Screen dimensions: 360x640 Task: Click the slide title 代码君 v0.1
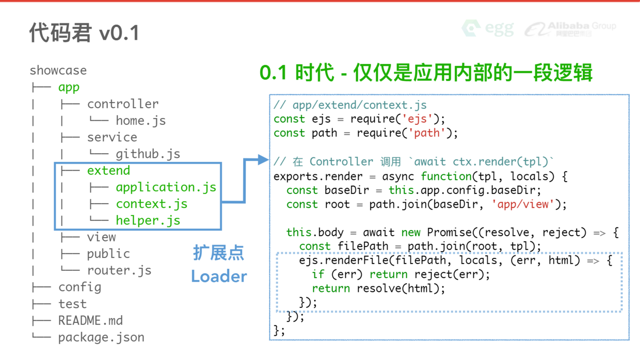84,33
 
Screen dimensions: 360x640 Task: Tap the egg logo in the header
488,28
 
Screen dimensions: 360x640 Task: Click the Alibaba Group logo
571,29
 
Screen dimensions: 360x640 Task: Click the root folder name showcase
58,70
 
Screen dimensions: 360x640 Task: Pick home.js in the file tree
140,120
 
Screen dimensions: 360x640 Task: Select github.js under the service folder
148,154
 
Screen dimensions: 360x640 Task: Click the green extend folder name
108,170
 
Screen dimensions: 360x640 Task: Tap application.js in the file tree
166,187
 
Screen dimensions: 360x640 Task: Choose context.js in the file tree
151,204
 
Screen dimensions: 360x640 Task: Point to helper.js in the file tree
148,220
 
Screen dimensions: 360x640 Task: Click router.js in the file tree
119,270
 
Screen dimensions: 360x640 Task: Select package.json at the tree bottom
101,337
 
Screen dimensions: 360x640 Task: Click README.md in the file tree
90,320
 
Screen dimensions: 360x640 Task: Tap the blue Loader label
219,276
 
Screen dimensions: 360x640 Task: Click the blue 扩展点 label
218,253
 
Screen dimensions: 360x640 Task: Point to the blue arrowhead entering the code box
263,160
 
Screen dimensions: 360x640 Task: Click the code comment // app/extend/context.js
350,105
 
